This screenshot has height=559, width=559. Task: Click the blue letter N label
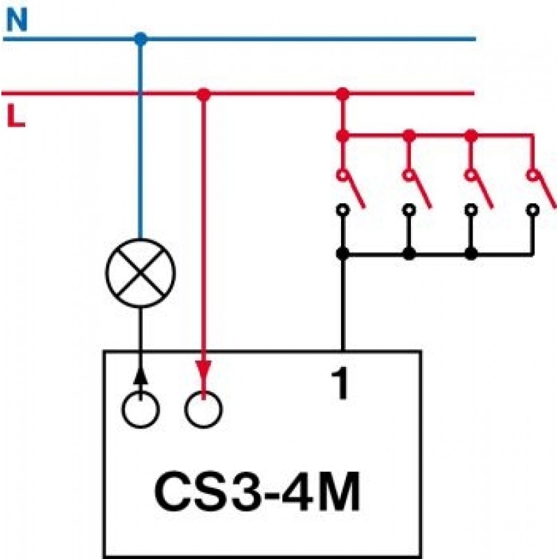[x=17, y=21]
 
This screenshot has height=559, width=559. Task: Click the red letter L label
[x=16, y=115]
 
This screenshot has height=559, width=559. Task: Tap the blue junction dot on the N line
[x=141, y=39]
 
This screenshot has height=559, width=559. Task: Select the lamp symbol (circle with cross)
[x=140, y=273]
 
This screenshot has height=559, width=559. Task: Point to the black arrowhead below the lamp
[x=140, y=376]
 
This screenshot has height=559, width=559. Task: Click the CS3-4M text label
[x=257, y=492]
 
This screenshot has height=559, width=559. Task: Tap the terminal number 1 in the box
[x=340, y=384]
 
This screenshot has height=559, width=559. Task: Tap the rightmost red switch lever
[x=546, y=190]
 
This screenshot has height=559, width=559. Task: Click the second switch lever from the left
[x=421, y=191]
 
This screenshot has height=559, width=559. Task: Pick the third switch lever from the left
[x=483, y=191]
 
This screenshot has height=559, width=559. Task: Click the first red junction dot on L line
[x=203, y=94]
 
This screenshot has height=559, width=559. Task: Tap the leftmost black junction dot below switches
[x=342, y=254]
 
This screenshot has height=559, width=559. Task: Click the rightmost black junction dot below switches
[x=471, y=254]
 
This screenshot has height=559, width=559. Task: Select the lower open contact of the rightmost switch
[x=532, y=210]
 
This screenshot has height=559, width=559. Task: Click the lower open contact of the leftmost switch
[x=342, y=210]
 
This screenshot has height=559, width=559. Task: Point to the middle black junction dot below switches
[x=409, y=254]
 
